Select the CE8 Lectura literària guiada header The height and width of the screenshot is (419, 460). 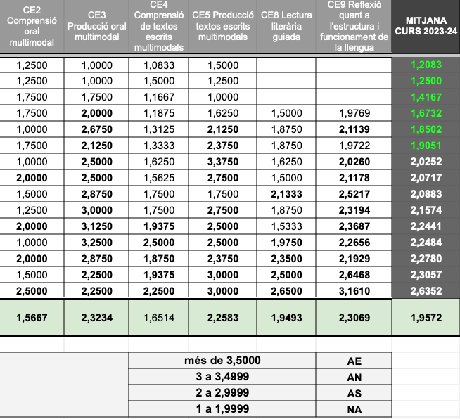pyautogui.click(x=286, y=26)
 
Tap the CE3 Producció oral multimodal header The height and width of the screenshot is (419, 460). pyautogui.click(x=98, y=26)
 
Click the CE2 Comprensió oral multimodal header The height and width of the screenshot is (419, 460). pyautogui.click(x=32, y=26)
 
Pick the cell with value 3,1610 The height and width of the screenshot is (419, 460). pyautogui.click(x=352, y=290)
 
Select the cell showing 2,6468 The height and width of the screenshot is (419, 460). pyautogui.click(x=352, y=274)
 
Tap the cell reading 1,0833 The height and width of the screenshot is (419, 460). pyautogui.click(x=159, y=65)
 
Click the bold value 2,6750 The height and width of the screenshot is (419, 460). pyautogui.click(x=97, y=129)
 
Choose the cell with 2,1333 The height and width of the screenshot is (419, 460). pyautogui.click(x=286, y=193)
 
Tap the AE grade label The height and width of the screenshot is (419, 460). pyautogui.click(x=354, y=361)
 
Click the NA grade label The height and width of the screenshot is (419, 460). pyautogui.click(x=354, y=410)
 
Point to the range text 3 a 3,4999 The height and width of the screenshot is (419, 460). pyautogui.click(x=222, y=377)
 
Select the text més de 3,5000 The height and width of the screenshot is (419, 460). pyautogui.click(x=222, y=361)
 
